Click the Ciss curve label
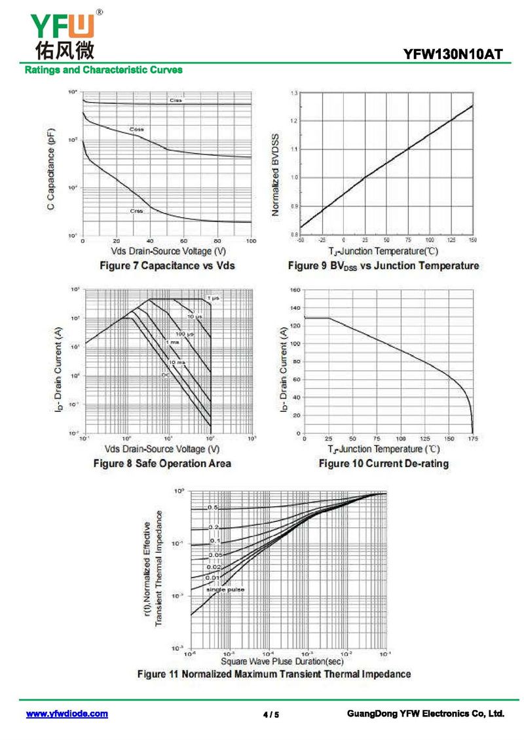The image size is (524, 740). (x=176, y=100)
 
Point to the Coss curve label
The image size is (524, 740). (x=136, y=130)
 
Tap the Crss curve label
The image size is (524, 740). (x=136, y=211)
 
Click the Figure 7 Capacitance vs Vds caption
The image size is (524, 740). (x=166, y=265)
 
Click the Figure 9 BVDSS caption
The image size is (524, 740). (x=383, y=265)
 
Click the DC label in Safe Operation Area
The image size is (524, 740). (x=165, y=375)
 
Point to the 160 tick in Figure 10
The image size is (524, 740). (x=294, y=289)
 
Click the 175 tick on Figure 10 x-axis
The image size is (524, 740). (x=472, y=438)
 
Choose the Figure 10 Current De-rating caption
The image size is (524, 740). (x=383, y=464)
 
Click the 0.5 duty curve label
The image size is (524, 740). (x=213, y=508)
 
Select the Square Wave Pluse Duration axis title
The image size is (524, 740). (x=282, y=661)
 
